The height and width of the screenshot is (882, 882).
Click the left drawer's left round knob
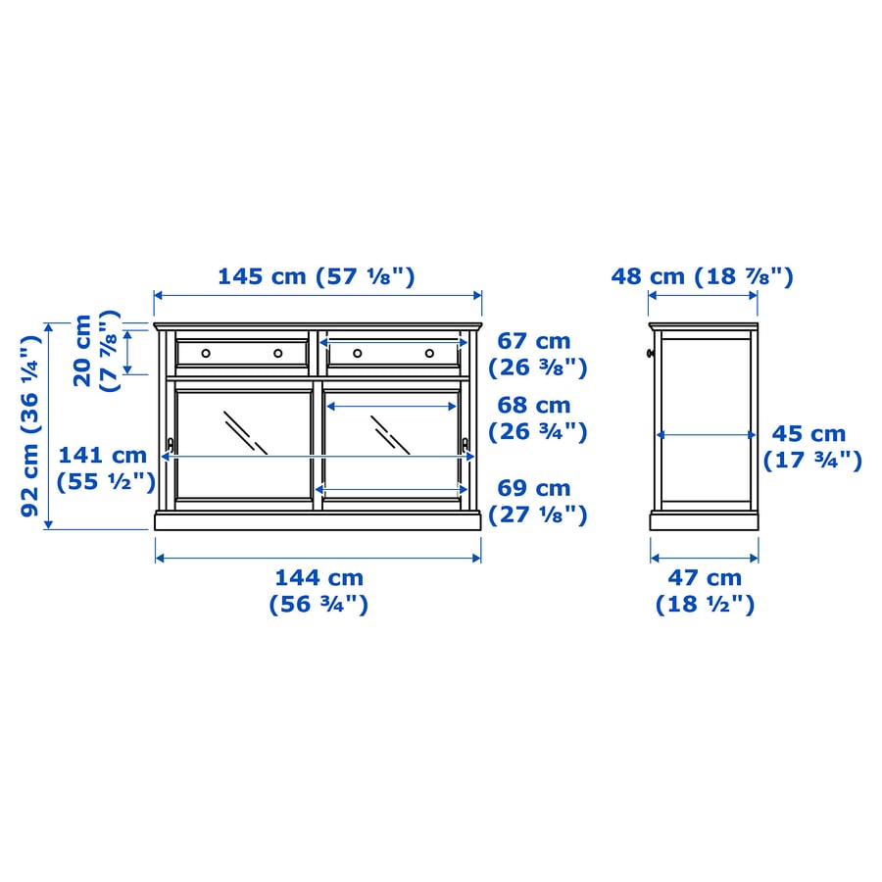(205, 353)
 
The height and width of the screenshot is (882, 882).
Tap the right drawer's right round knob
(429, 353)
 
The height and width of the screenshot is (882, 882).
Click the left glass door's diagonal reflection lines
(245, 431)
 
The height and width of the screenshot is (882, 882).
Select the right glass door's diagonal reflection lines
(390, 434)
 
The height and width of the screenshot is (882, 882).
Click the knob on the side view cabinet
(650, 353)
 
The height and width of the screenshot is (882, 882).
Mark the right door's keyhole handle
(465, 446)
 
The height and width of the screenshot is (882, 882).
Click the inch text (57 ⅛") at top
(366, 276)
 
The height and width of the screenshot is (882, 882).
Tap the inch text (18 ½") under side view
(706, 605)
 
